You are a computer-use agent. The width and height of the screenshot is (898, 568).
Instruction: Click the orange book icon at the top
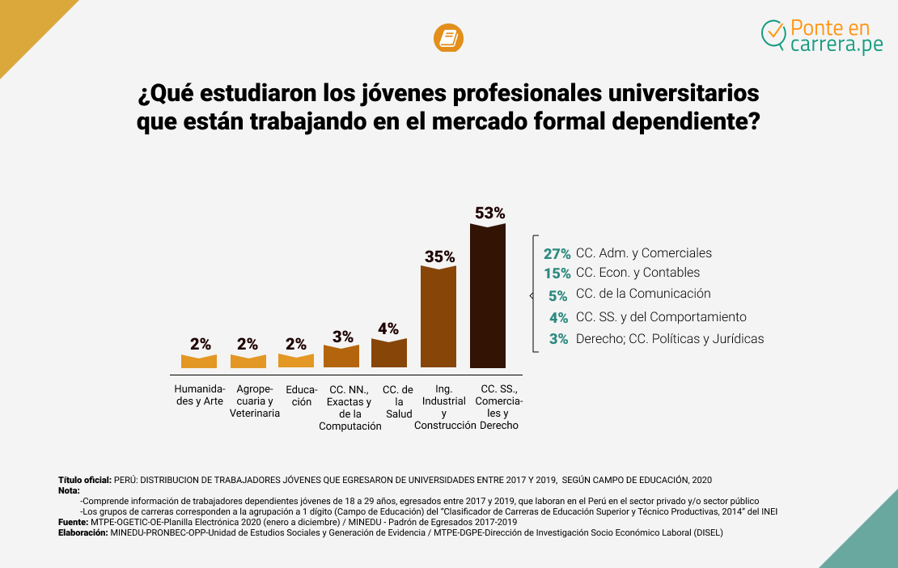448,38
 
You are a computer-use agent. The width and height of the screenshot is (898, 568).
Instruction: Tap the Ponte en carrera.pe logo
822,36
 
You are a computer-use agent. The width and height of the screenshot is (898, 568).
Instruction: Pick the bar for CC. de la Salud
389,353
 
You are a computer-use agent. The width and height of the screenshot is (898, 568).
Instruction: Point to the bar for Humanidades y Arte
199,361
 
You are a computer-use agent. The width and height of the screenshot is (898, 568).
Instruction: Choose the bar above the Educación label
296,361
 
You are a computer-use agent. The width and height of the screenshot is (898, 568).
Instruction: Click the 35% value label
439,256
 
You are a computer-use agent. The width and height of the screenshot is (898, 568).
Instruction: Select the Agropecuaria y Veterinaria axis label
255,401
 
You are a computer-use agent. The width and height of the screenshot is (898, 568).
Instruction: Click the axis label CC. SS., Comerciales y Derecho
499,407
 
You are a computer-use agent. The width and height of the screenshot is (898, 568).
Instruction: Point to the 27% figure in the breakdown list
557,253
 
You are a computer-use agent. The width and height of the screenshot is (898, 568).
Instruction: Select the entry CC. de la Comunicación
643,294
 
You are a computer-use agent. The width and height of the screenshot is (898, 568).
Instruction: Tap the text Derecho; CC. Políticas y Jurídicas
669,339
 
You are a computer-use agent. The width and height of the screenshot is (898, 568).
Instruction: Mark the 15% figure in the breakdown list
557,273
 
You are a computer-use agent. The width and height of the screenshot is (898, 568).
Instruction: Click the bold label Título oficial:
85,480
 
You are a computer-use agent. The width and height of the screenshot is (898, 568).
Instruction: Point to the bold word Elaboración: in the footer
83,533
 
